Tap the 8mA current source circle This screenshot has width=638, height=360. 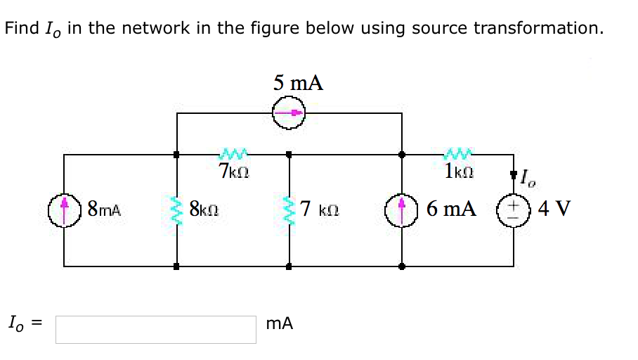coord(65,210)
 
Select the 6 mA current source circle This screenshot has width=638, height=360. coord(402,210)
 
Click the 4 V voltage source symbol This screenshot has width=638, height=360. coord(512,210)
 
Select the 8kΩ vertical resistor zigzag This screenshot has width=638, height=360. coord(176,210)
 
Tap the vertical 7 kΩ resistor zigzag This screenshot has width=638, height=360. coord(289,210)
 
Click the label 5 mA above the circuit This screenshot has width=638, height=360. coord(299,83)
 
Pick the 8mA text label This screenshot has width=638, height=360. coord(104,210)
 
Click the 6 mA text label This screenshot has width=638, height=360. coord(451,210)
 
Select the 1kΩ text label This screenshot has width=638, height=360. coord(458,171)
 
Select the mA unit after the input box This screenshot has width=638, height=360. coord(280,324)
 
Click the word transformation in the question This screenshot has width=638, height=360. coord(538,29)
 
